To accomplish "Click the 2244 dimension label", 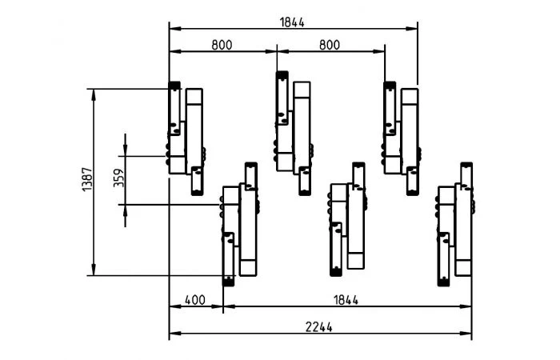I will click(x=318, y=326).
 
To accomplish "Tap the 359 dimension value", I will click(x=118, y=178).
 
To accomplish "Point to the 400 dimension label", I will click(x=195, y=300).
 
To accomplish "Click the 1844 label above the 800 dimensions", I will click(x=292, y=22).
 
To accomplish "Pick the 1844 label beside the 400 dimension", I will click(x=346, y=300).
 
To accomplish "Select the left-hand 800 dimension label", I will click(x=222, y=45).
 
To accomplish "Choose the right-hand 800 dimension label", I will click(x=330, y=45).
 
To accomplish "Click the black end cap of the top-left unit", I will click(x=174, y=86).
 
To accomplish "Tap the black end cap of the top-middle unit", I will click(x=282, y=76).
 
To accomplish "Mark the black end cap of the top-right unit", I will click(x=390, y=86).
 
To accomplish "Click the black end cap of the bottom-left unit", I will click(x=228, y=282).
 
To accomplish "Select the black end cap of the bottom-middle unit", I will click(x=336, y=272).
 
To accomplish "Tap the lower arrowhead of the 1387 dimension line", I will click(x=94, y=271).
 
